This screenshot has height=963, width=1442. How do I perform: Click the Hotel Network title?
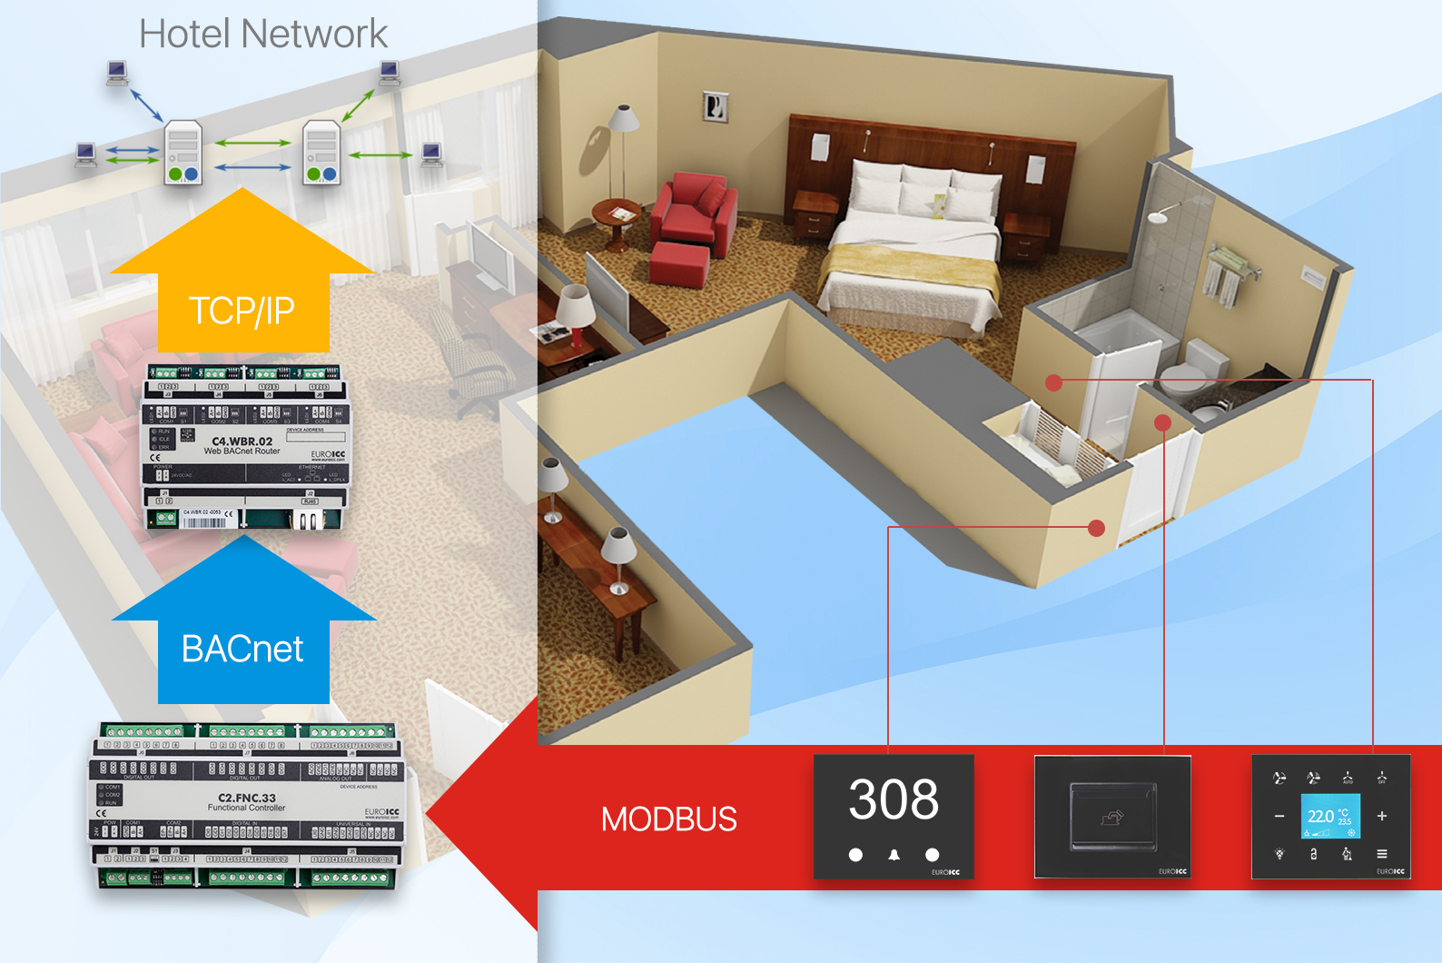[x=263, y=35]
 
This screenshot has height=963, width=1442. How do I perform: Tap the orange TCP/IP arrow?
[x=242, y=291]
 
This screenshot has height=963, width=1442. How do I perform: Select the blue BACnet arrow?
[x=242, y=636]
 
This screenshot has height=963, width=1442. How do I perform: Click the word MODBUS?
[x=668, y=819]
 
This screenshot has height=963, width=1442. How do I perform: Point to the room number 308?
[x=894, y=799]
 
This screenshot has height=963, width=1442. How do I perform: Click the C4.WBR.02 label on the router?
[x=242, y=442]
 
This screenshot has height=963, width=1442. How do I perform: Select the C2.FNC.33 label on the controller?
[x=246, y=798]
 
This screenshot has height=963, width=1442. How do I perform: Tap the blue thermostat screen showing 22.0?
[x=1330, y=816]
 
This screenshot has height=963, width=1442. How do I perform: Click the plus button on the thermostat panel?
[x=1382, y=816]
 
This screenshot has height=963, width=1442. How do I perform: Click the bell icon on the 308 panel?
[x=894, y=855]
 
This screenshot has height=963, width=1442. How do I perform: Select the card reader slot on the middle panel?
[x=1112, y=816]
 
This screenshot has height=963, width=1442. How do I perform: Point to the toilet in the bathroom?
[x=1188, y=372]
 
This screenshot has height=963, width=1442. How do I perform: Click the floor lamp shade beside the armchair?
[x=623, y=119]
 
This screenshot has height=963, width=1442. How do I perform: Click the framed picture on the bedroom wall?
[x=716, y=107]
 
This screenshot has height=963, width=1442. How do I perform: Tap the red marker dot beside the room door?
[x=1096, y=528]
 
